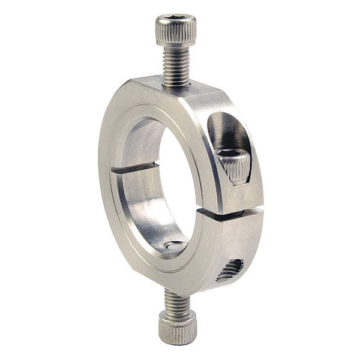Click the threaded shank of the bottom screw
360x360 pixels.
point(176,302)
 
